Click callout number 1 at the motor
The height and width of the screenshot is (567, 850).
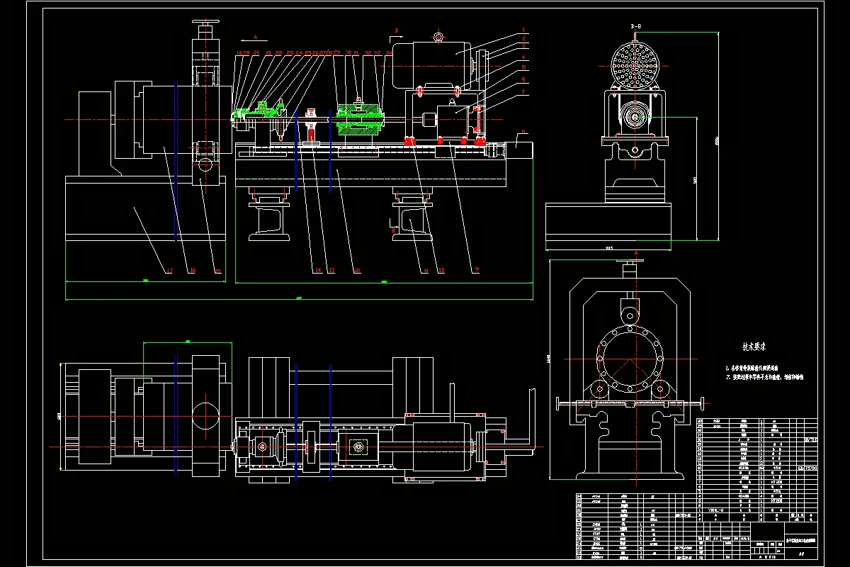pos(523,30)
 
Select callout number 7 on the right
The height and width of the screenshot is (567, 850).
pos(523,92)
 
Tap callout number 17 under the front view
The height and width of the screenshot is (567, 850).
pos(169,270)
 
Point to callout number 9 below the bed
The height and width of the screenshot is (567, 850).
pos(477,270)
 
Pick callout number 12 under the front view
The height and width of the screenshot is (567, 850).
pos(357,270)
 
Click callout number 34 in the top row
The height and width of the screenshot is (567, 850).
pos(388,53)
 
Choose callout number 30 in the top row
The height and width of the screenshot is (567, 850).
pos(348,53)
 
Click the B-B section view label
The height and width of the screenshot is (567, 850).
pos(635,26)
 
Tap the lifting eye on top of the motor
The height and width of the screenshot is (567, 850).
pos(438,36)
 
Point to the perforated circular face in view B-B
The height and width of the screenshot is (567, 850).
pos(635,64)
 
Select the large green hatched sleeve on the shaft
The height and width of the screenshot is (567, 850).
pos(361,120)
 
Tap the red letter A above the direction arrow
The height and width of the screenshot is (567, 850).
pos(256,33)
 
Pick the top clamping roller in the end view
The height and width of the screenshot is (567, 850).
pos(628,312)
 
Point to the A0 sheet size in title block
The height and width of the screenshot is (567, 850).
pos(801,554)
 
